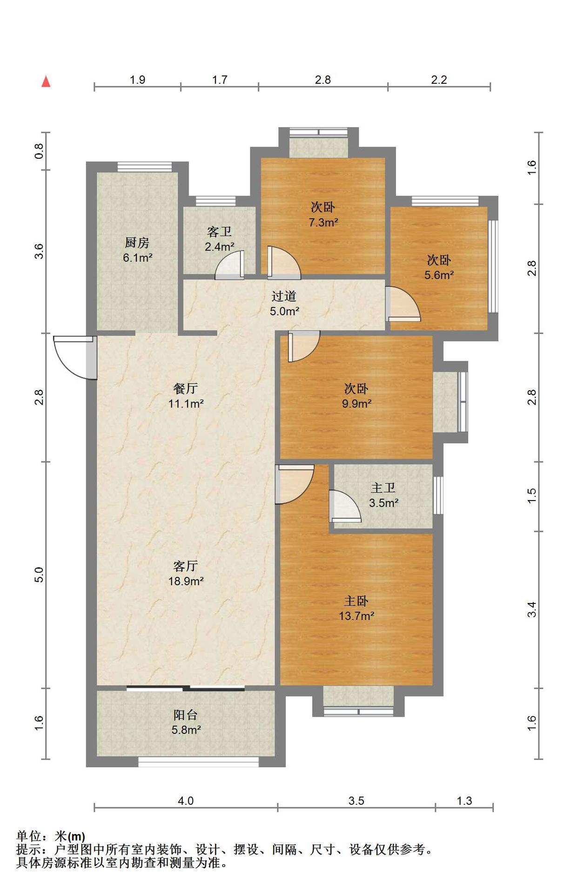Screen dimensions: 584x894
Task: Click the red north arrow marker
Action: pos(46,81)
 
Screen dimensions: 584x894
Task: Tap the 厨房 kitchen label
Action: pos(137,243)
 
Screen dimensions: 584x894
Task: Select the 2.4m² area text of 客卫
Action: pos(220,247)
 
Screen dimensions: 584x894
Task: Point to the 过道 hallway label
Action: pos(284,296)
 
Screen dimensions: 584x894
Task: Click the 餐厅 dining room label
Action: pos(186,388)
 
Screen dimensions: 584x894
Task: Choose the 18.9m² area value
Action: pos(186,581)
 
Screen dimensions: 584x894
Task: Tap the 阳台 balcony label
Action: pos(186,715)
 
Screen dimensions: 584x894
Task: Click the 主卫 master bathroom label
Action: pos(383,488)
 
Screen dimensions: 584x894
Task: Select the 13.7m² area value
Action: pos(357,616)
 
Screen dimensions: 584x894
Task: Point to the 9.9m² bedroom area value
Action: pos(357,404)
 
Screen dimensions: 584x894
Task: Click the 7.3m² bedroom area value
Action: pos(323,223)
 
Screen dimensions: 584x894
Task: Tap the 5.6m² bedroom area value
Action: pos(439,275)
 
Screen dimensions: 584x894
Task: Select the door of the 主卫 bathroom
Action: pos(345,506)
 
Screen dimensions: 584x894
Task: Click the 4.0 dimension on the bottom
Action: pos(186,801)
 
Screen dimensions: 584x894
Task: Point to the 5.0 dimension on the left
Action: pos(39,575)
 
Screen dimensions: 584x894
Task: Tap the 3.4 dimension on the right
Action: pos(532,610)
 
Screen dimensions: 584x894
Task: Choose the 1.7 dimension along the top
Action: pos(220,80)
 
